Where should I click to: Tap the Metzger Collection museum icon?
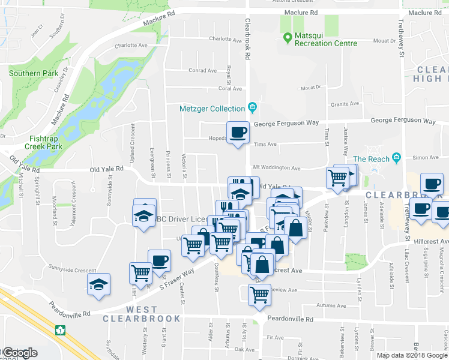pyautogui.click(x=253, y=108)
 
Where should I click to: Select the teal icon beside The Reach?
pyautogui.click(x=396, y=158)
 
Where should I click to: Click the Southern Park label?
pyautogui.click(x=34, y=73)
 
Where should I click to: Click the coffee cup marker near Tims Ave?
pyautogui.click(x=238, y=133)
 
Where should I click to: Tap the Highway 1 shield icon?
pyautogui.click(x=59, y=329)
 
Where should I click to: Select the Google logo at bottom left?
pyautogui.click(x=19, y=353)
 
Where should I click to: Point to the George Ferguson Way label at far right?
pyautogui.click(x=403, y=121)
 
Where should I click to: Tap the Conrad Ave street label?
pyautogui.click(x=202, y=70)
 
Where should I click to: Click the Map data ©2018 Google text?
pyautogui.click(x=411, y=355)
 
